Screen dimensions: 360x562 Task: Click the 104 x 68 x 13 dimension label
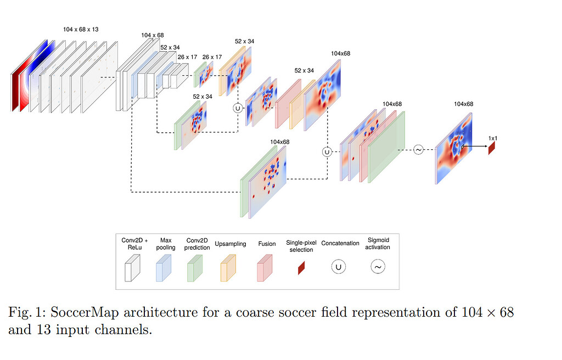point(80,29)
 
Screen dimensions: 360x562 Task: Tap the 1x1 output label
point(492,138)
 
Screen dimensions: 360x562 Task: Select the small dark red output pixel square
point(492,148)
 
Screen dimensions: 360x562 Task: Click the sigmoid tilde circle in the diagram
point(418,149)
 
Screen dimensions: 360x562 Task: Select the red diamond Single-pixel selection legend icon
point(301,268)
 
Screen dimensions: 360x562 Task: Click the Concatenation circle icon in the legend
point(339,267)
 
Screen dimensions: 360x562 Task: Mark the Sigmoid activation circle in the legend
point(378,267)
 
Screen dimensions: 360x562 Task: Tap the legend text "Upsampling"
point(231,244)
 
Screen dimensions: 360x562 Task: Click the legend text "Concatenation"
point(340,243)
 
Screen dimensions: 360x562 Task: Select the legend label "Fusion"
point(267,244)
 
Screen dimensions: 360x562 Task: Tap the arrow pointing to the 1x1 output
point(475,147)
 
